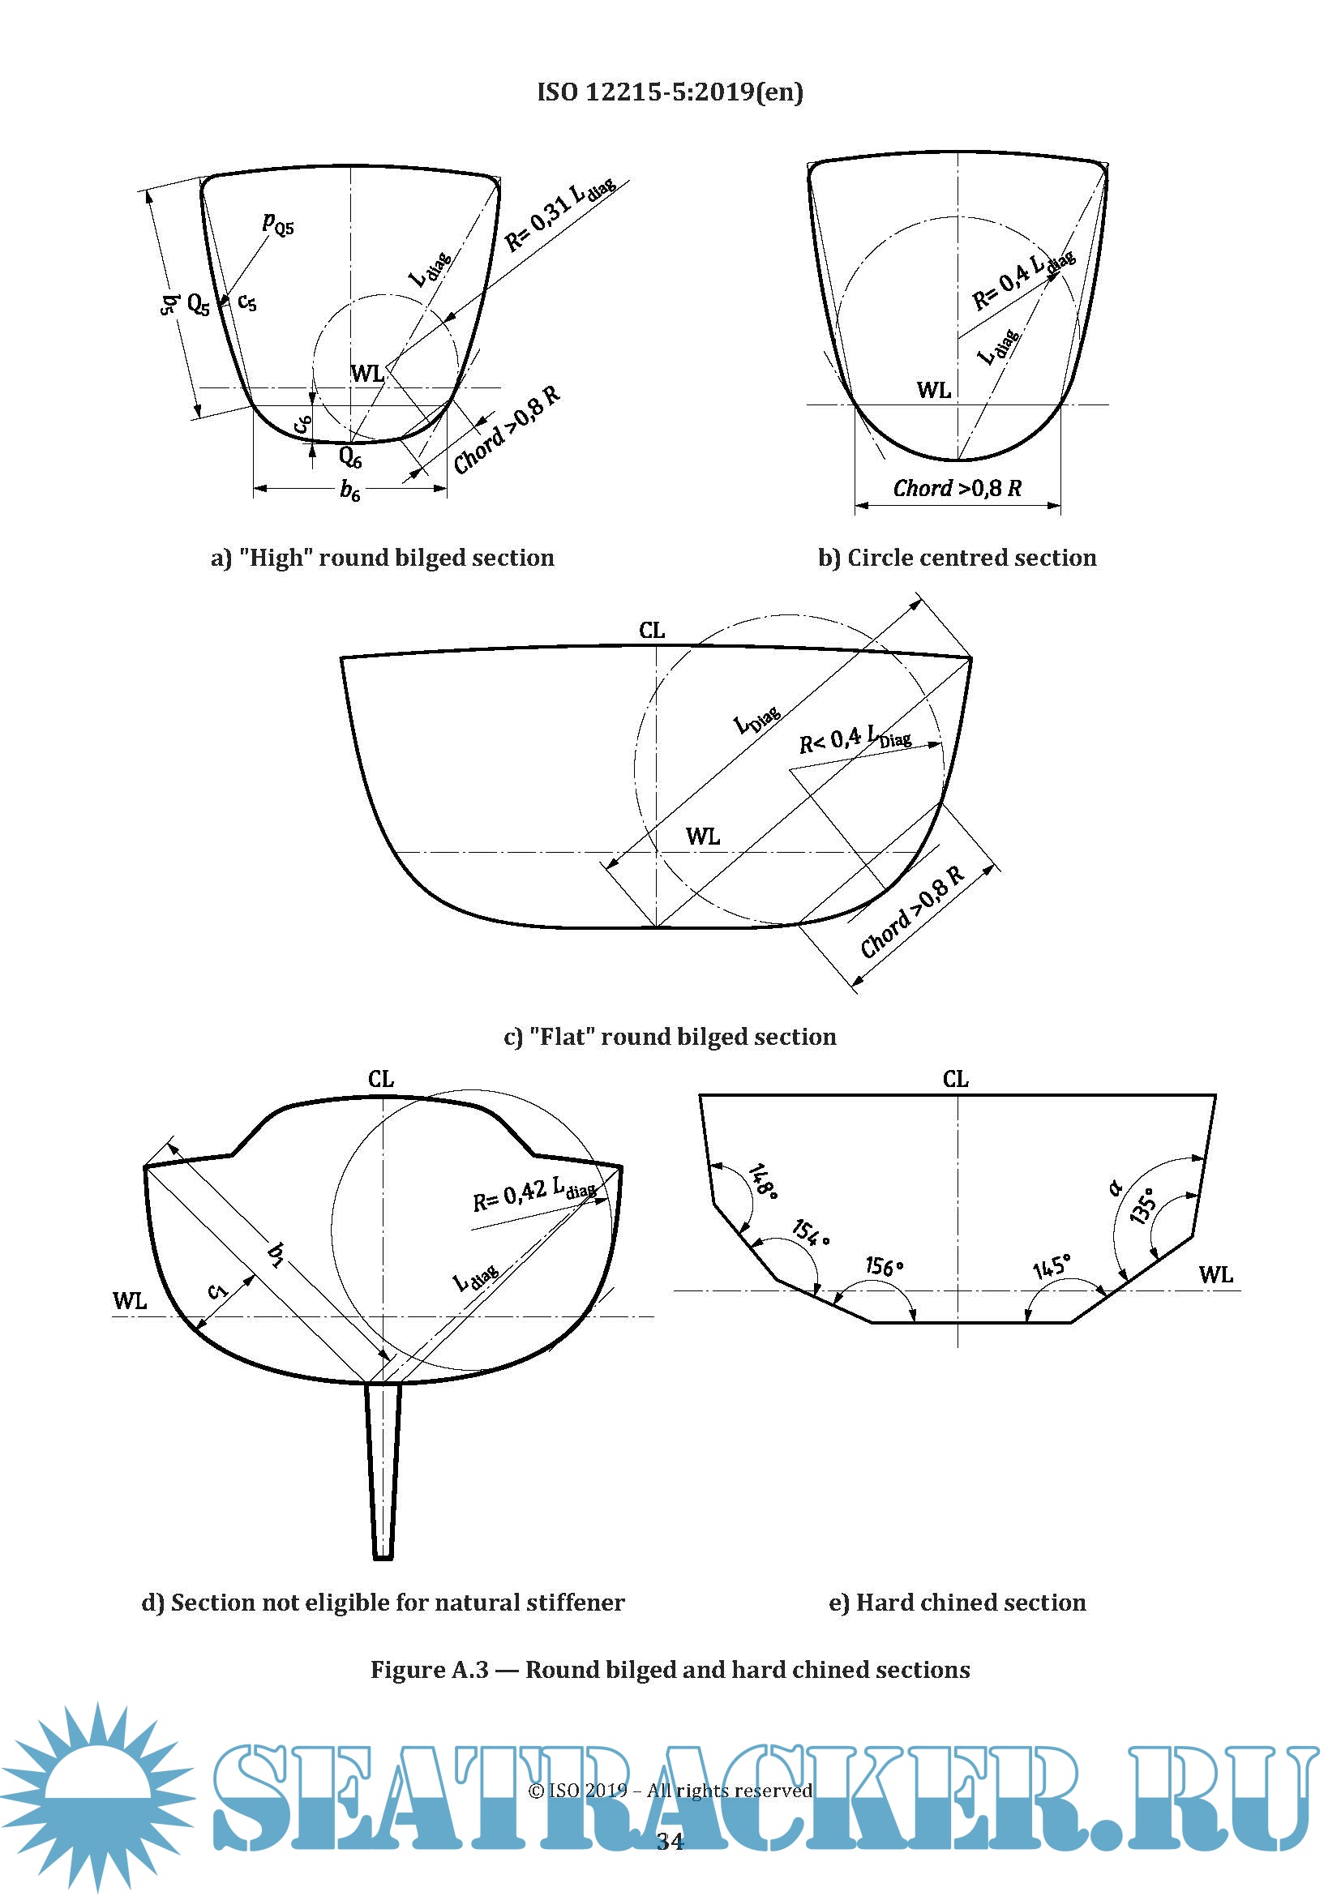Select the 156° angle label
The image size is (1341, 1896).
coord(885,1266)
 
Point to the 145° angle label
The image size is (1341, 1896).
coord(1052,1266)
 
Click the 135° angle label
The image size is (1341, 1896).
coord(1144,1205)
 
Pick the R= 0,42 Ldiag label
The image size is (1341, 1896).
coord(533,1194)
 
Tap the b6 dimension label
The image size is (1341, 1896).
coord(350,491)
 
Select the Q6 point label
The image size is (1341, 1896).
coord(350,456)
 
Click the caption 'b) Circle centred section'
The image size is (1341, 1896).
coord(957,558)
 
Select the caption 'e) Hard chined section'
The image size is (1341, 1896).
coord(957,1602)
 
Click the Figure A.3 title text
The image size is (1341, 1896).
coord(670,1669)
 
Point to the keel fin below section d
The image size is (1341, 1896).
coord(383,1470)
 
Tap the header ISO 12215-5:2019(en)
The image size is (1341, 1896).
coord(670,91)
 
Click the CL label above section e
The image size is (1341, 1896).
coord(955,1079)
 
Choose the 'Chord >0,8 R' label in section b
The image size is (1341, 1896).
coord(957,488)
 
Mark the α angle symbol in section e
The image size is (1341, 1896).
coord(1116,1188)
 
